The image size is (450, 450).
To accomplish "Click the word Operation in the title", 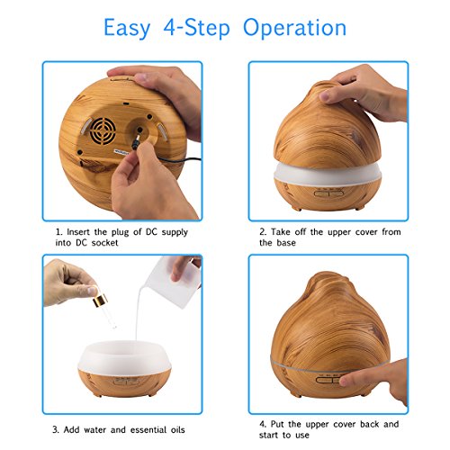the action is (x=294, y=28).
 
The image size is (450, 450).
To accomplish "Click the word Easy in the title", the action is (x=127, y=28).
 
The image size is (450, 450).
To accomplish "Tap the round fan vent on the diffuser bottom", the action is (x=103, y=130).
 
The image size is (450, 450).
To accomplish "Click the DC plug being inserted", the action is (x=137, y=140).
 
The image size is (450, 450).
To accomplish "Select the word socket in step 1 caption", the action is (x=104, y=243).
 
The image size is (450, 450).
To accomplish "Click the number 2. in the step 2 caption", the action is (x=263, y=232).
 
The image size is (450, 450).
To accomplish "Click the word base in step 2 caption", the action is (x=286, y=243).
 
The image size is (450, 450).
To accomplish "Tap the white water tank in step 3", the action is (x=124, y=357).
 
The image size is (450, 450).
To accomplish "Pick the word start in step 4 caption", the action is (x=268, y=436).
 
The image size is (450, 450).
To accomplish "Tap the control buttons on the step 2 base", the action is (x=328, y=192).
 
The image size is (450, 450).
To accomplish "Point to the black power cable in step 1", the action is (x=177, y=160).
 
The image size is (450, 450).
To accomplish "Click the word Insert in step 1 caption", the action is (x=77, y=232).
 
